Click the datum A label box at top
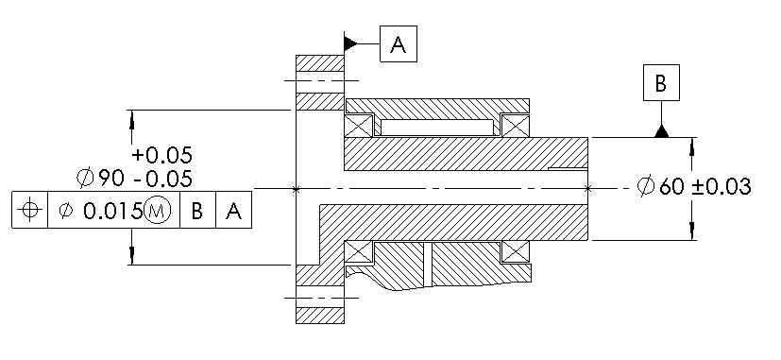coord(398,43)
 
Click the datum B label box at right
coord(661,83)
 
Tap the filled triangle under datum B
coord(661,130)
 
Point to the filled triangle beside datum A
coord(350,43)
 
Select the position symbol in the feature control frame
coord(30,210)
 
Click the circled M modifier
coord(157,211)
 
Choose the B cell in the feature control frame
coord(196,211)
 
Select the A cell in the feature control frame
coord(233,211)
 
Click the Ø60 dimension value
coord(661,187)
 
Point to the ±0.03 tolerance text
coord(722,187)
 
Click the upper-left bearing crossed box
coord(359,126)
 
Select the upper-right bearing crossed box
coord(516,126)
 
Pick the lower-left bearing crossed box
coord(359,252)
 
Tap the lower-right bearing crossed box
coord(516,252)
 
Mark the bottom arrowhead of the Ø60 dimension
coord(694,232)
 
